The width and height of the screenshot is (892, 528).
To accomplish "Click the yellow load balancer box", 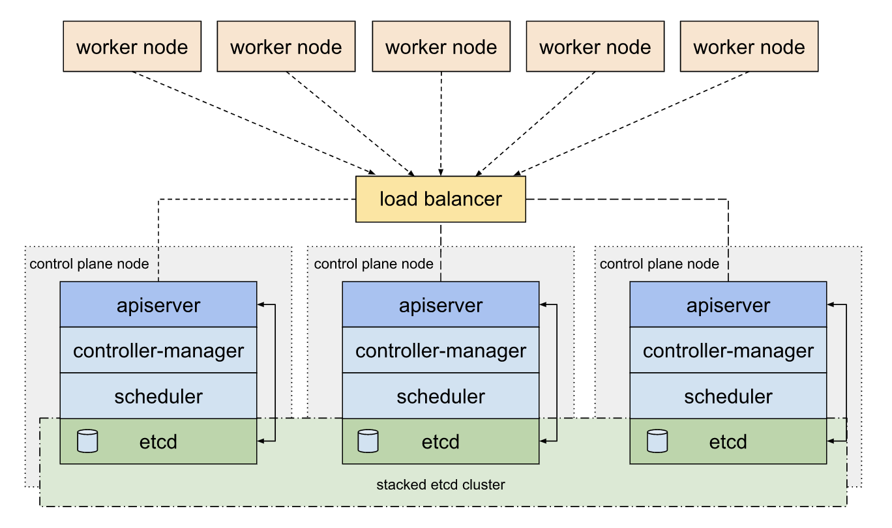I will (440, 199).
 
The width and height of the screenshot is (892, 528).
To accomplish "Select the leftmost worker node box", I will (132, 46).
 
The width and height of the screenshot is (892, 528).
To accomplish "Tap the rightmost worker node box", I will (749, 46).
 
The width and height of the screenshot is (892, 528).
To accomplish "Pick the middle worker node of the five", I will (441, 46).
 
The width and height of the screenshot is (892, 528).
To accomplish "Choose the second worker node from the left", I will (286, 46).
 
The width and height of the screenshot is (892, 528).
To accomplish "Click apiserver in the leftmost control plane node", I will (158, 305).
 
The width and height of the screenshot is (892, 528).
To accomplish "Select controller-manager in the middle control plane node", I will (440, 351).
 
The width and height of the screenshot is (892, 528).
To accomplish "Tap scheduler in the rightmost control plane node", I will (728, 396).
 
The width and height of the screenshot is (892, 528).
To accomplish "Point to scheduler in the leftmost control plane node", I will (158, 396).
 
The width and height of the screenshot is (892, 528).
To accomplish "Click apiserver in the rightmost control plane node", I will (728, 305).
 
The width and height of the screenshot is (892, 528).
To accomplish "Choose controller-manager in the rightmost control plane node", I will (728, 351).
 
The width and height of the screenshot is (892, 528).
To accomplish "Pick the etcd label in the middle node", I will (440, 442).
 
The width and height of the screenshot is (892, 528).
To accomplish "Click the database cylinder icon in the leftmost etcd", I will (87, 441).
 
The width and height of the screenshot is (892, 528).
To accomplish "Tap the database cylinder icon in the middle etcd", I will (368, 441).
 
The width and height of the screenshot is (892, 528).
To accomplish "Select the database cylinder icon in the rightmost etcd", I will (657, 441).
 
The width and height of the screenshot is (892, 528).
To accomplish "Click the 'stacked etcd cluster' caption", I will (440, 485).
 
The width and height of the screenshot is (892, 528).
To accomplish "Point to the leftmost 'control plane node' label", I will (89, 264).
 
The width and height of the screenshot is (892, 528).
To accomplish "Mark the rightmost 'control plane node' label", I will (659, 264).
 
